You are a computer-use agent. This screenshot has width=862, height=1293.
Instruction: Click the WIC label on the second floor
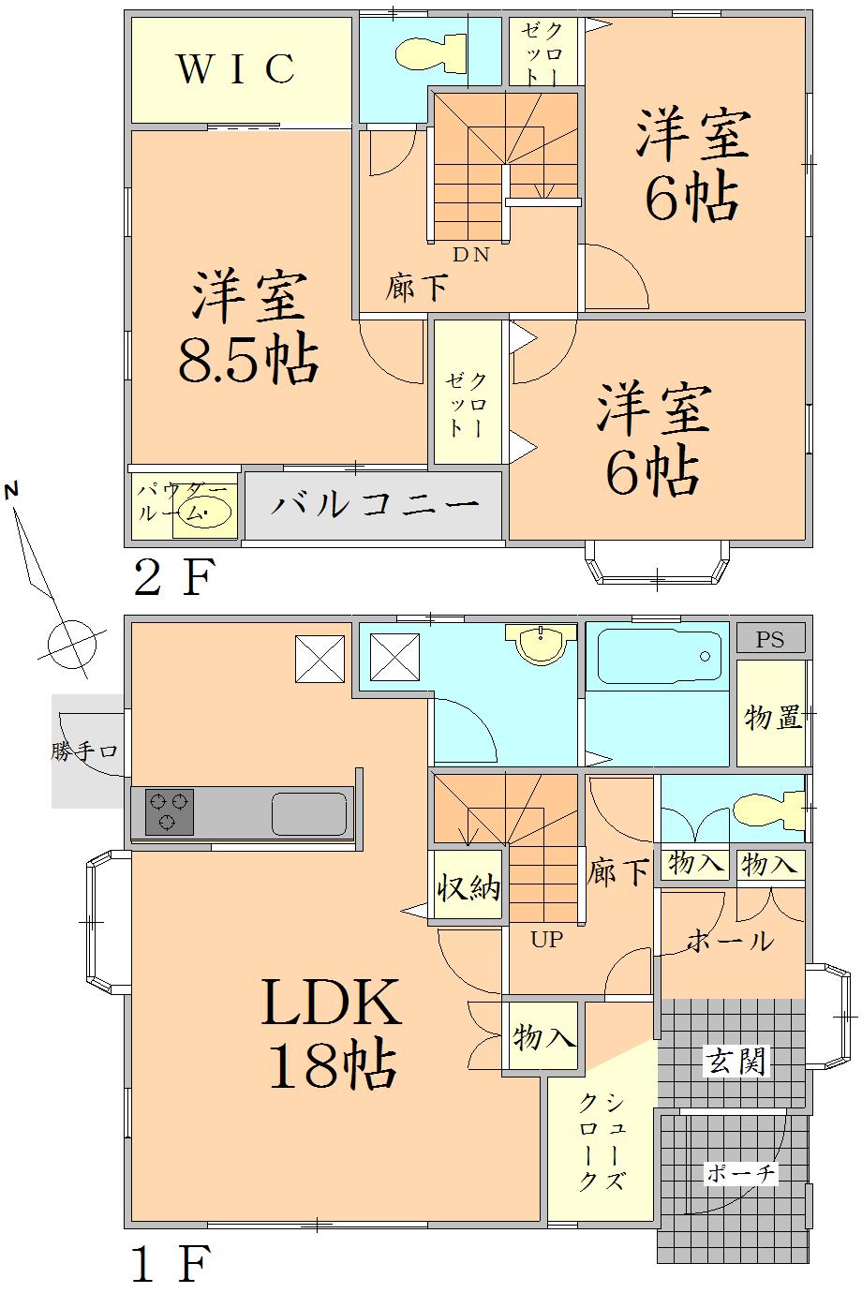[236, 68]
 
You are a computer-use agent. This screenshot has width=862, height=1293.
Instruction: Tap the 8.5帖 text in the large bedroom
[247, 360]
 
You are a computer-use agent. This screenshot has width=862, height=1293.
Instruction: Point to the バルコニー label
[375, 505]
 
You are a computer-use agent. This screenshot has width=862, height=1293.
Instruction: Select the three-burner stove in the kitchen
[170, 811]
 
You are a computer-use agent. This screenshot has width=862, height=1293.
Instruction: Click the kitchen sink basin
[309, 813]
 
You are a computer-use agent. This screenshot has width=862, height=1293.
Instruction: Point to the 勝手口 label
[84, 751]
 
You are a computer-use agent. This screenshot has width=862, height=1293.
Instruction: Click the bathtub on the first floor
[659, 656]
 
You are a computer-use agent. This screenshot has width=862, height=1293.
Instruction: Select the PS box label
[770, 640]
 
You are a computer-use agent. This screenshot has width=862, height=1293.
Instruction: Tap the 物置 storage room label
[772, 718]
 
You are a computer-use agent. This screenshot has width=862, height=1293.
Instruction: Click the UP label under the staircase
[547, 939]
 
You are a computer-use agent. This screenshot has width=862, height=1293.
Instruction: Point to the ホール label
[731, 940]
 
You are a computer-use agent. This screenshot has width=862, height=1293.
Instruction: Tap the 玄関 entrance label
[736, 1061]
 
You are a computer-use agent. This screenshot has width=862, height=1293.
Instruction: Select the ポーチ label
[740, 1173]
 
